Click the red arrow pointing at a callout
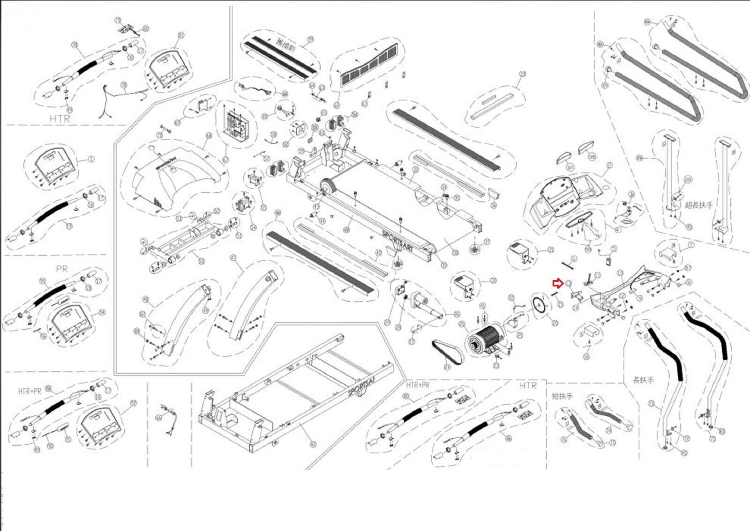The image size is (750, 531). [558, 283]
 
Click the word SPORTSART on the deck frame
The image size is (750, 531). [397, 241]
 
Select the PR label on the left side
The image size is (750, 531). [61, 269]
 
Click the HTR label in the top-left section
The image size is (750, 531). [60, 118]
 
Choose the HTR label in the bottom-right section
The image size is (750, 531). [528, 385]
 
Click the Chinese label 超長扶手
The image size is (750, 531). [698, 205]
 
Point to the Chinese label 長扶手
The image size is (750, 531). [643, 380]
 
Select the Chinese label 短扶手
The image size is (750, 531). [562, 396]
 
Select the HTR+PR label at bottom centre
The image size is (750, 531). [418, 385]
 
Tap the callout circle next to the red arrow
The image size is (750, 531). [568, 283]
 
